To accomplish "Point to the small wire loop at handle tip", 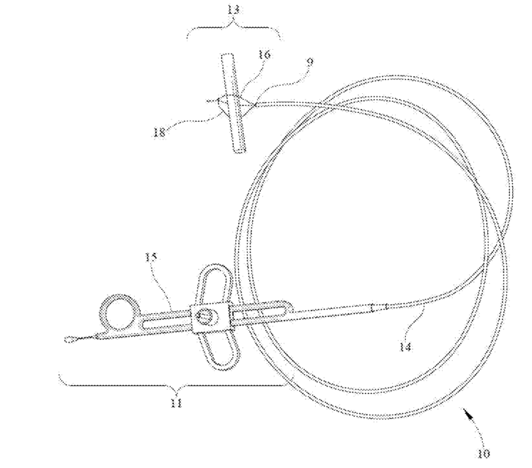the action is coord(72,339).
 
